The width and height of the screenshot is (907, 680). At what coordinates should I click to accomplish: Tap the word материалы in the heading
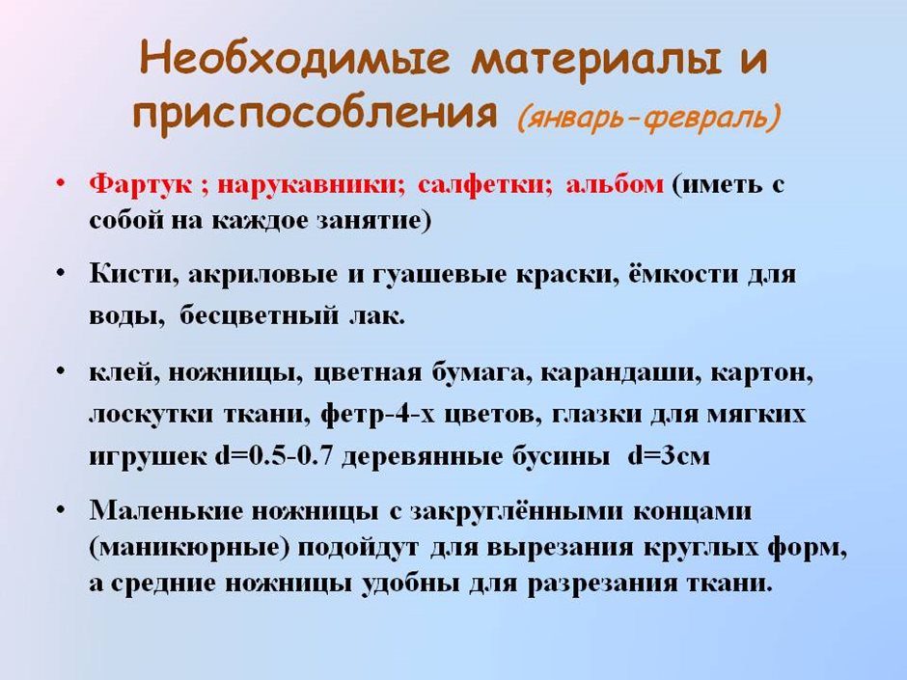click(596, 61)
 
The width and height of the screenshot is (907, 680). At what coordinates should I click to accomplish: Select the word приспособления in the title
click(315, 113)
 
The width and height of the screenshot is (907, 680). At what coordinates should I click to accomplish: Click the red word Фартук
click(141, 185)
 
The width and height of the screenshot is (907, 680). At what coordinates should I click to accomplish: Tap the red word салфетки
click(484, 185)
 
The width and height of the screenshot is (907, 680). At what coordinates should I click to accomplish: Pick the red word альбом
click(615, 184)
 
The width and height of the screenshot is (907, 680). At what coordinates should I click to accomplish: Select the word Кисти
click(134, 274)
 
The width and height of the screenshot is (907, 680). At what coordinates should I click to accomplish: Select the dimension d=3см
click(669, 456)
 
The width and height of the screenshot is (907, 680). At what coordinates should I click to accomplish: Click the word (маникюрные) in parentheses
click(189, 548)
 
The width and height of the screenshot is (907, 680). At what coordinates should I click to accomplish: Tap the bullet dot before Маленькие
click(60, 509)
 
